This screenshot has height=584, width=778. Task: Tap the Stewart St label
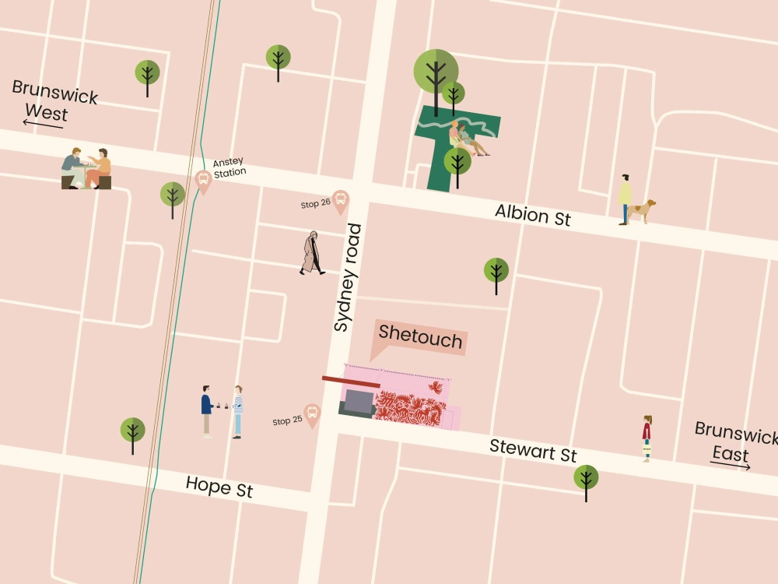coord(533,450)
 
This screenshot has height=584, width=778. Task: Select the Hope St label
coord(219,487)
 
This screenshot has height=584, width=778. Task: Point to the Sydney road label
coord(347,278)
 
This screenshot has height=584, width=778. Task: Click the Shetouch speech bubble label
coord(420,338)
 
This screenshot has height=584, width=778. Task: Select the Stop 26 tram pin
coord(340,202)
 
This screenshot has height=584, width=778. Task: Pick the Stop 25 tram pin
coord(312,415)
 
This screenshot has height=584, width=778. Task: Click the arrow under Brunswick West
coord(42,122)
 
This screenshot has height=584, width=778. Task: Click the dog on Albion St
coord(643,210)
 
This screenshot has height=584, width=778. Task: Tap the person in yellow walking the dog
coord(625,199)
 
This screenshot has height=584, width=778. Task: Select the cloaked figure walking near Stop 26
coord(313,253)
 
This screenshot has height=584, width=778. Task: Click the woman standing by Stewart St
coord(647,438)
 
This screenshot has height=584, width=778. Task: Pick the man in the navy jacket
coord(206,410)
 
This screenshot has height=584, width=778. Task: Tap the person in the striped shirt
coord(237,411)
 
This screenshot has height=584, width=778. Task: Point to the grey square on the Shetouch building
coord(359,402)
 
